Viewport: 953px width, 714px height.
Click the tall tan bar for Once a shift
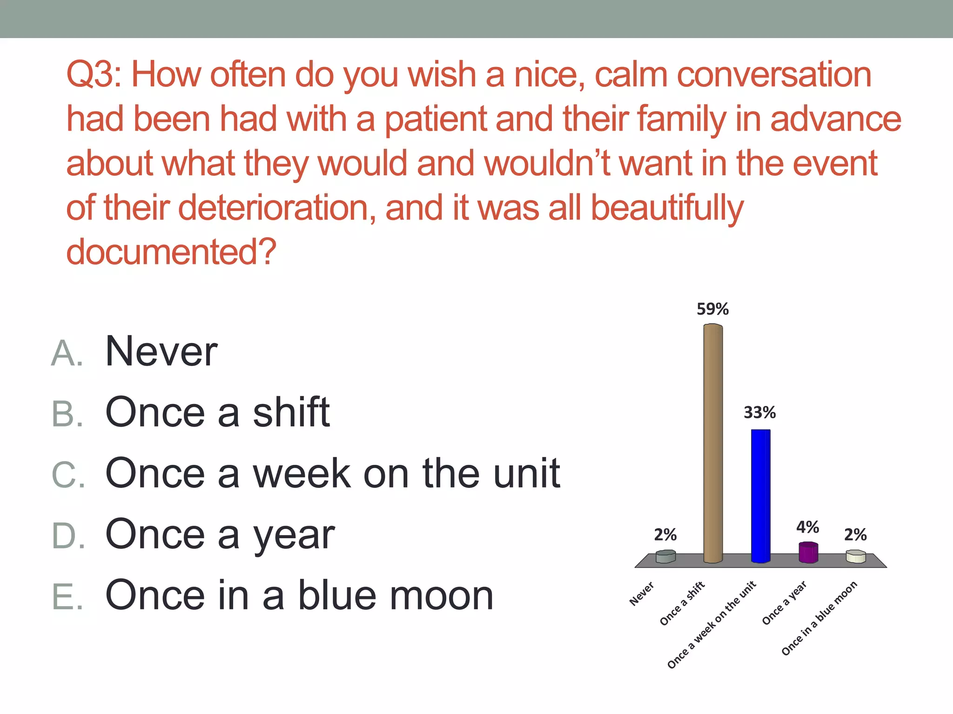coord(713,444)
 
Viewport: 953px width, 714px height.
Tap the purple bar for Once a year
coord(808,553)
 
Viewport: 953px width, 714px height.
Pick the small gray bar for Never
coord(665,556)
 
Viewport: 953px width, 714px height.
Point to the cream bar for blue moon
coord(855,556)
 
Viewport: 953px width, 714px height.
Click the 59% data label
coord(712,309)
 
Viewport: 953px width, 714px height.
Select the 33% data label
coord(759,413)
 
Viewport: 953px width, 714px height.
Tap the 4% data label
coord(807,527)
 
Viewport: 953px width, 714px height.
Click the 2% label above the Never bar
coord(665,535)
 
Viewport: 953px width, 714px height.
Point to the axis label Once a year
coord(784,603)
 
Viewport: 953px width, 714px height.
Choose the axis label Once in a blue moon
coord(819,618)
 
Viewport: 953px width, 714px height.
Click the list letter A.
coord(67,353)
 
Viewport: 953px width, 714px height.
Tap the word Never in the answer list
coord(161,351)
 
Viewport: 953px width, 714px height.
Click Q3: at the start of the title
coord(94,75)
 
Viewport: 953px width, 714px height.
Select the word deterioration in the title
coord(277,208)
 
